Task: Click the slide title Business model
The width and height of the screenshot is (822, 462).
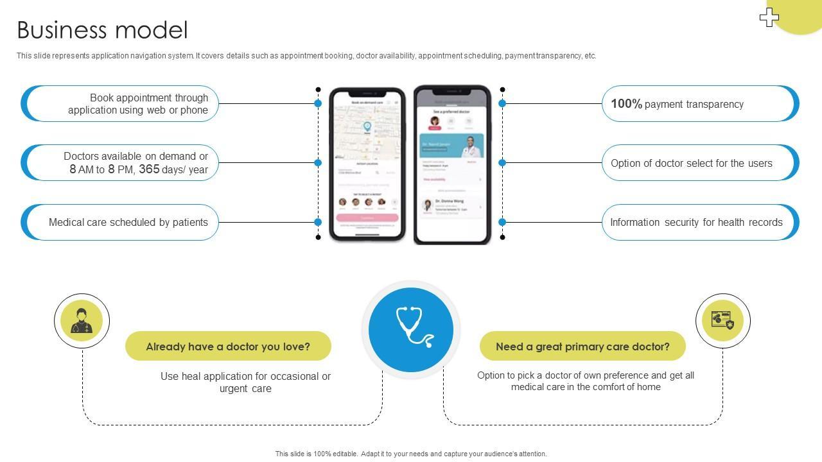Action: (x=103, y=30)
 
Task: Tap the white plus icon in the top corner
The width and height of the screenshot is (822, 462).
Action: (x=769, y=17)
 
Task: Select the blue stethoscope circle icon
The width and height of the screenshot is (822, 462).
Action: (x=411, y=330)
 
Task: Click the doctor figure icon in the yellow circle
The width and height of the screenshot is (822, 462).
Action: (x=82, y=321)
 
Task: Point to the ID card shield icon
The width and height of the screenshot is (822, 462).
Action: (x=722, y=320)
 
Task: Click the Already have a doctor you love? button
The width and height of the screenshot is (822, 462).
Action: (x=228, y=346)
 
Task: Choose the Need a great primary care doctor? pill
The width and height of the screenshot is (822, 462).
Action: (x=582, y=346)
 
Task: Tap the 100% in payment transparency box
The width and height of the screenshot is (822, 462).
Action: (x=626, y=103)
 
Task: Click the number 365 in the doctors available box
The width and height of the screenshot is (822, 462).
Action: (x=149, y=169)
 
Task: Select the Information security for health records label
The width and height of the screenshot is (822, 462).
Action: (x=696, y=223)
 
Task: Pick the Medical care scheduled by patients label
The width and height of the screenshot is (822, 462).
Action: (x=128, y=223)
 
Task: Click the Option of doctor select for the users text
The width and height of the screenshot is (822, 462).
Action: (x=691, y=163)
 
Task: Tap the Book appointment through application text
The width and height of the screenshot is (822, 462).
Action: (x=139, y=104)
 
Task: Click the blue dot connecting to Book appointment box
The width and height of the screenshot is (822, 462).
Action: (x=318, y=103)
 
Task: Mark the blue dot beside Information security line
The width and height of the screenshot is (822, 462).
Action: (x=502, y=222)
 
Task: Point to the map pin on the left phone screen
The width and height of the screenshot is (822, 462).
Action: (x=367, y=126)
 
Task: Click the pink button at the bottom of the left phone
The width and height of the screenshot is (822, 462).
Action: (x=367, y=218)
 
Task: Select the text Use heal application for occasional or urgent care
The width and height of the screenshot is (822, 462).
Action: (x=245, y=382)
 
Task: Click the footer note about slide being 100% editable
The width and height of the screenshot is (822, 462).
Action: (x=411, y=454)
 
